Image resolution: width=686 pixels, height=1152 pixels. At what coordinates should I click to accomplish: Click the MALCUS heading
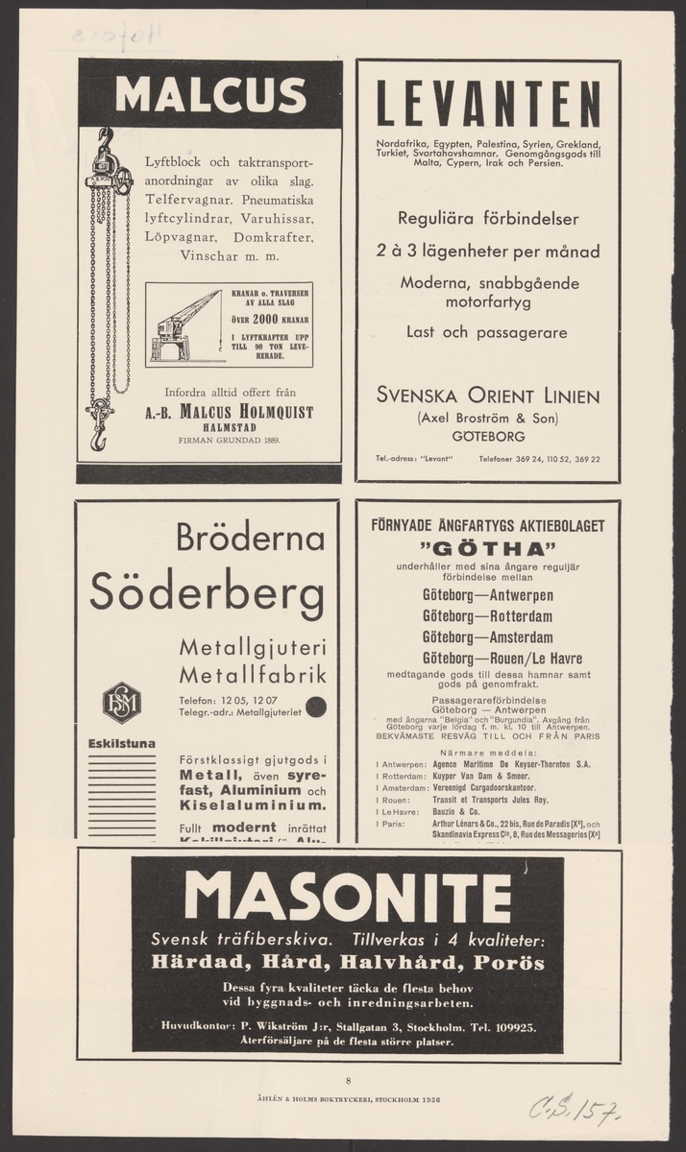[209, 94]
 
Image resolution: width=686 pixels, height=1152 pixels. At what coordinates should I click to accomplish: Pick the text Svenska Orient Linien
[488, 396]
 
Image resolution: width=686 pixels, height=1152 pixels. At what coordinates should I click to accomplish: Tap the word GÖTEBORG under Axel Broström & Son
[488, 435]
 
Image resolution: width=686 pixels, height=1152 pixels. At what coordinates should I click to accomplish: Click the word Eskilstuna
[123, 742]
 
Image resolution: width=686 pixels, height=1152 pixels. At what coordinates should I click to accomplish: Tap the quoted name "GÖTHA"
[488, 549]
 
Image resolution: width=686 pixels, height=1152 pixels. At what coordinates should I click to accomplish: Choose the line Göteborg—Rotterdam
[488, 616]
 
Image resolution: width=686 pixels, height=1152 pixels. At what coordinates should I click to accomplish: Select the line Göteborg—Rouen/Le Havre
[502, 659]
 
